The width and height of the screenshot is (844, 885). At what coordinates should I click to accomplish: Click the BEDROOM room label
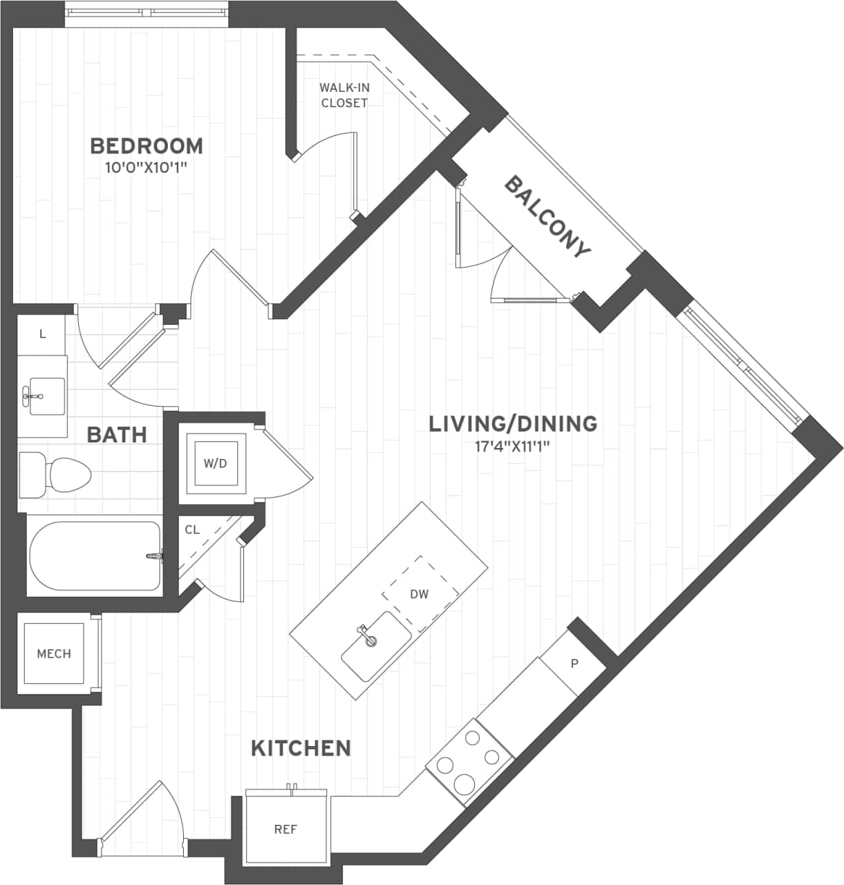coord(147,146)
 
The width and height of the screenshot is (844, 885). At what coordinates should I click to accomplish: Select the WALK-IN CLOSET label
coord(343,95)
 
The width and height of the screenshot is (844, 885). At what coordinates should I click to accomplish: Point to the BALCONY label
coord(547,216)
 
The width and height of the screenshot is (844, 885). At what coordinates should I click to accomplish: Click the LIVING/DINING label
coord(513,423)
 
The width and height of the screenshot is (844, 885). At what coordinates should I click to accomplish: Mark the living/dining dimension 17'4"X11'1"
coord(512,446)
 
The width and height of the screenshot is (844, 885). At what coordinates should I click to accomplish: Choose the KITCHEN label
coord(301,747)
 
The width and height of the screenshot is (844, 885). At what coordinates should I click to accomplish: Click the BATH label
coord(117,435)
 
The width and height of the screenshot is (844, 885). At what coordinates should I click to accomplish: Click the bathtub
coord(95,556)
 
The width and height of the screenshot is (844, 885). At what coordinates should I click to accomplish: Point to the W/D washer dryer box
coord(215,463)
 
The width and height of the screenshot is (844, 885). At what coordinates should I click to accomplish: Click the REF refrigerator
coord(285,829)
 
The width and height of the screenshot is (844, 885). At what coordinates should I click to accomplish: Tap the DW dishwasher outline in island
coord(420,593)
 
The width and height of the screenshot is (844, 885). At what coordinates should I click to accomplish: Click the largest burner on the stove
coord(463,784)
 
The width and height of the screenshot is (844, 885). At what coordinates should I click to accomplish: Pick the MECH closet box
coord(54,653)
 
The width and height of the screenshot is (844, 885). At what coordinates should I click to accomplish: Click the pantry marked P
coord(574,664)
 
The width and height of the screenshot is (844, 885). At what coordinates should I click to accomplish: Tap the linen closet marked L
coord(42,335)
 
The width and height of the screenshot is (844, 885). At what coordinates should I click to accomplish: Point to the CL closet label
coord(192,530)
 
